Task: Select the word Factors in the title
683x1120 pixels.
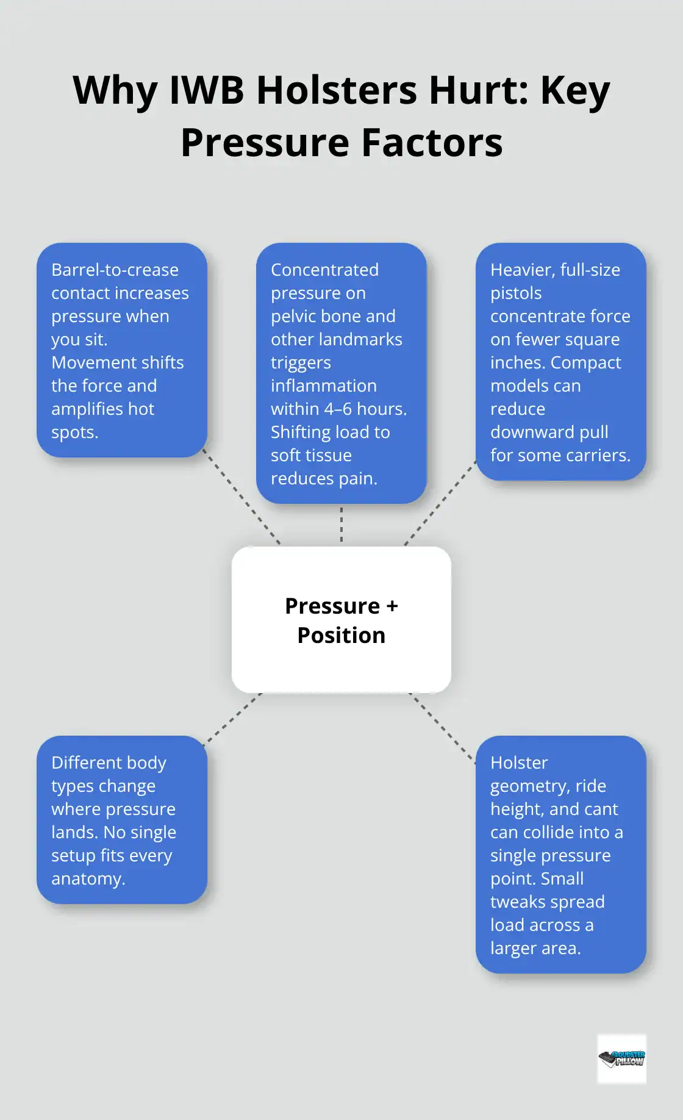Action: click(432, 143)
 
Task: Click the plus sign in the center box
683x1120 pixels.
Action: click(392, 606)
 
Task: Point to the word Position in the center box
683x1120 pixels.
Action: click(341, 636)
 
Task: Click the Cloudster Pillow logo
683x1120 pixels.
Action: click(621, 1058)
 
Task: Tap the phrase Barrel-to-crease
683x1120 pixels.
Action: click(115, 270)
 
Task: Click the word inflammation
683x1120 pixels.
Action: click(323, 386)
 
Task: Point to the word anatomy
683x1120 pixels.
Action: click(88, 878)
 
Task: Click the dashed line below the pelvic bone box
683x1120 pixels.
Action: click(342, 525)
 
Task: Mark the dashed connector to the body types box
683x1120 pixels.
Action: click(234, 717)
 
